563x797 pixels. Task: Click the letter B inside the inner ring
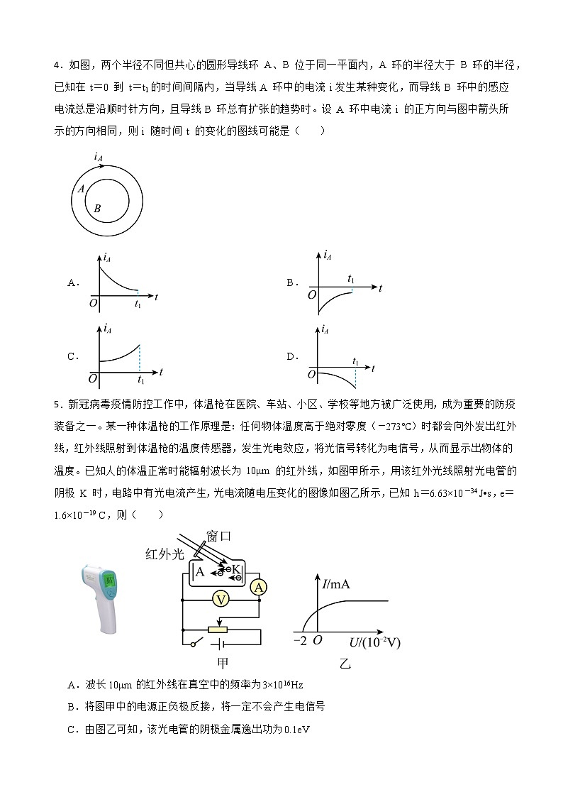click(97, 209)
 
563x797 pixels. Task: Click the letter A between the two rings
click(82, 189)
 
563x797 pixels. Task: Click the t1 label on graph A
click(138, 304)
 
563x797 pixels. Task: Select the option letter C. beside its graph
click(72, 357)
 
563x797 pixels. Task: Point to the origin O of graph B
click(312, 294)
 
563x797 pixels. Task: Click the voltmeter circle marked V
click(221, 600)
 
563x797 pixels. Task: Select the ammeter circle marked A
click(260, 586)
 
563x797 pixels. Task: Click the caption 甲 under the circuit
click(222, 664)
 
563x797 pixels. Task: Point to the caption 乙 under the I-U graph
click(345, 664)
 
